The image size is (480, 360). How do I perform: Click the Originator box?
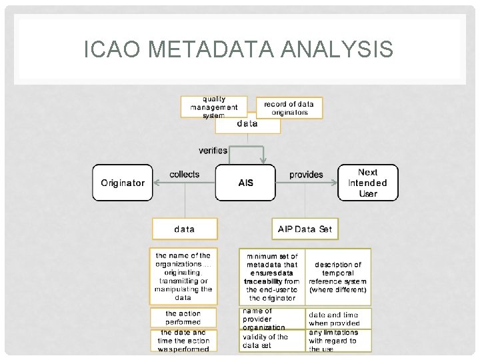pyautogui.click(x=123, y=183)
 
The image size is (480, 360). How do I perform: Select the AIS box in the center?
pyautogui.click(x=246, y=183)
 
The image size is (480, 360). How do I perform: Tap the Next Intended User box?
pyautogui.click(x=367, y=183)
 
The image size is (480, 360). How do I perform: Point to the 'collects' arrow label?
pyautogui.click(x=184, y=174)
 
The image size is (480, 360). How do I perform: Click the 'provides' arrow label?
pyautogui.click(x=306, y=175)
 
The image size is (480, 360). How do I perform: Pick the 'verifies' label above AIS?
pyautogui.click(x=213, y=151)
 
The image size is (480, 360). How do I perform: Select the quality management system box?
pyautogui.click(x=214, y=107)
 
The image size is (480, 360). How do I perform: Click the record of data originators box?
pyautogui.click(x=289, y=108)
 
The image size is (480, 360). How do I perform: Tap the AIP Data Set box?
pyautogui.click(x=305, y=229)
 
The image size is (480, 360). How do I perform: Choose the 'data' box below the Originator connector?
pyautogui.click(x=185, y=229)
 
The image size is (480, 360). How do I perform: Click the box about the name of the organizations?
pyautogui.click(x=183, y=277)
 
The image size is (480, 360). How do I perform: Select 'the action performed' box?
pyautogui.click(x=183, y=317)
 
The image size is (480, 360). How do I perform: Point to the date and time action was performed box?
pyautogui.click(x=183, y=340)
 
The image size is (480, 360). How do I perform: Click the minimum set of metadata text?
pyautogui.click(x=272, y=277)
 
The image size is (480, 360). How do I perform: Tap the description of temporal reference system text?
pyautogui.click(x=338, y=277)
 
